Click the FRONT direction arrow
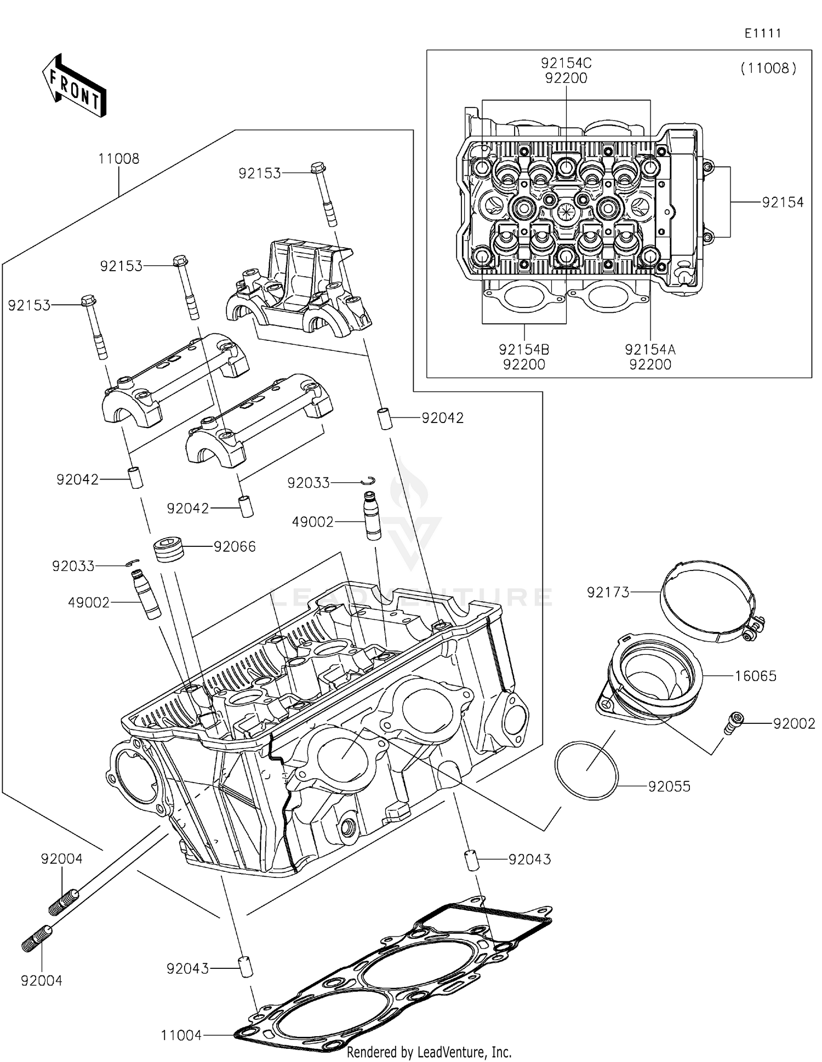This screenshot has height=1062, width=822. click(x=74, y=86)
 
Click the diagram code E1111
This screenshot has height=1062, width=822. click(x=762, y=33)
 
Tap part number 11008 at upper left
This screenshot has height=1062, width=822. click(x=118, y=159)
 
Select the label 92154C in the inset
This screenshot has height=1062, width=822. click(x=566, y=63)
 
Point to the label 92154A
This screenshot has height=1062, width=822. click(x=650, y=350)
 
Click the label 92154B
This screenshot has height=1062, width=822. click(x=524, y=350)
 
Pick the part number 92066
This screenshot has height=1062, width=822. click(x=235, y=547)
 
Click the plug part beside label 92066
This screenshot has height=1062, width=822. click(x=168, y=550)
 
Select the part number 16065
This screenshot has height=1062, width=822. click(x=755, y=676)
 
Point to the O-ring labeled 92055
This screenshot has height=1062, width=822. click(x=586, y=771)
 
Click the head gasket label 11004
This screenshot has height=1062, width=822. click(x=181, y=1036)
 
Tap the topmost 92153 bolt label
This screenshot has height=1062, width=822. click(x=260, y=173)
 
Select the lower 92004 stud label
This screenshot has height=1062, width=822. click(x=42, y=981)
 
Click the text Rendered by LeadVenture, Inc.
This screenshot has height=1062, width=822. click(x=429, y=1052)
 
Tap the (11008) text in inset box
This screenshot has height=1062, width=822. click(x=768, y=68)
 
